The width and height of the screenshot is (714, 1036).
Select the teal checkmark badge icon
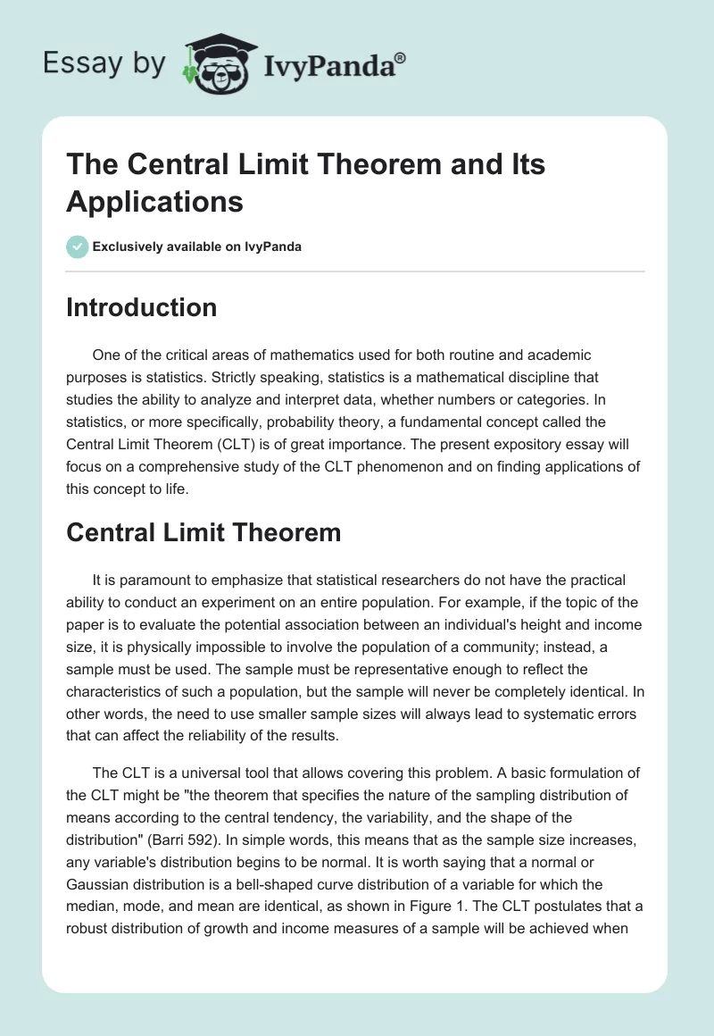pyautogui.click(x=78, y=246)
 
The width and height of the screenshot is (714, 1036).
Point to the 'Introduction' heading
pyautogui.click(x=141, y=307)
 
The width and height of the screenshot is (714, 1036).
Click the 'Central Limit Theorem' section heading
pyautogui.click(x=203, y=533)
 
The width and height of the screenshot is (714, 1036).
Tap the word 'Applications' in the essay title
pyautogui.click(x=154, y=201)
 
